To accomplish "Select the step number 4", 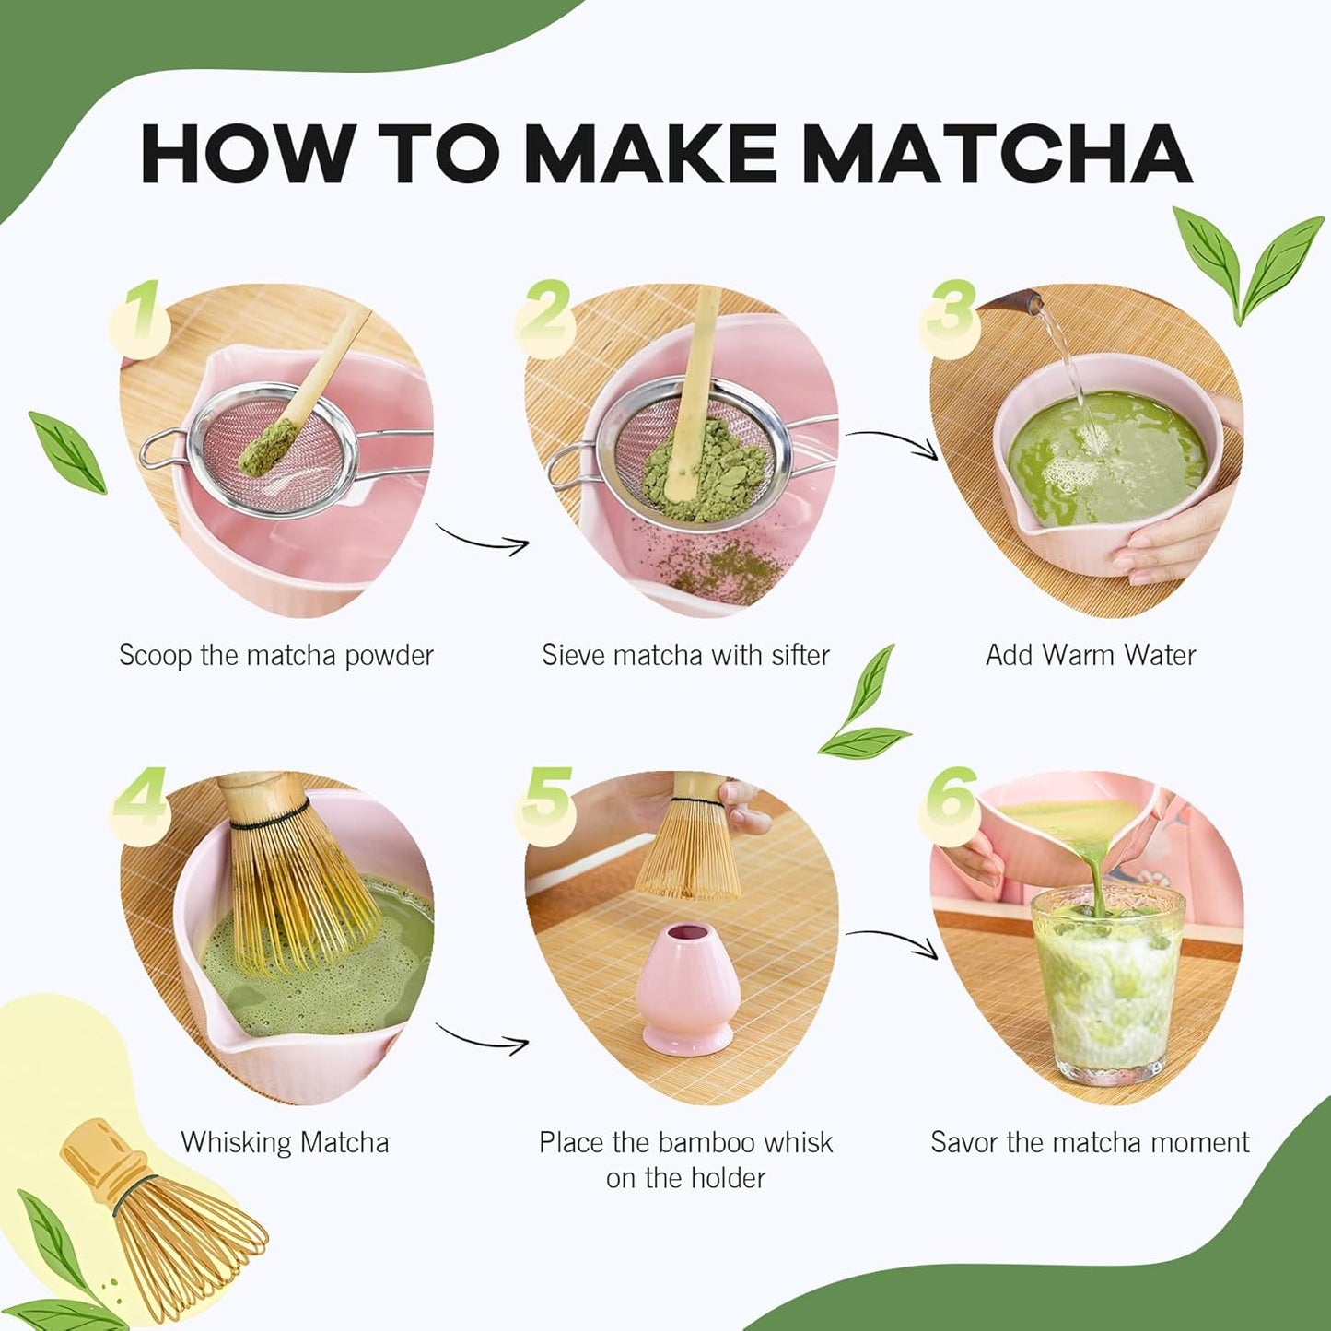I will click(x=140, y=801).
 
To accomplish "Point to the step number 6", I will click(x=949, y=798).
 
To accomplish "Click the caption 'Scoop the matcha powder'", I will click(x=275, y=656).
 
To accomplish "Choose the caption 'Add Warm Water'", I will click(x=1090, y=656).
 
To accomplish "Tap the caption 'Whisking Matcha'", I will click(x=285, y=1143).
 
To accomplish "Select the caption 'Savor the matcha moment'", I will click(x=1090, y=1143).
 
